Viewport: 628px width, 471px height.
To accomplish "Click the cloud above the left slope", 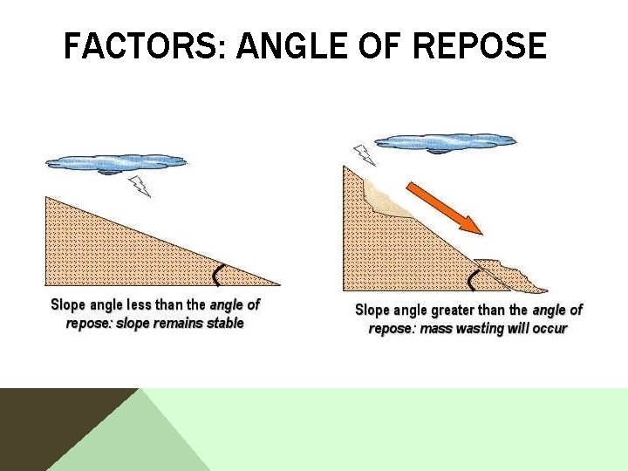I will point(116,162).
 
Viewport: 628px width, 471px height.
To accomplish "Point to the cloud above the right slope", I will point(445,141).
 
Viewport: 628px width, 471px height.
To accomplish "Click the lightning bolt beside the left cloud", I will point(139,185).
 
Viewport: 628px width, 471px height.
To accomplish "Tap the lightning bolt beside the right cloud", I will point(364,154).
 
